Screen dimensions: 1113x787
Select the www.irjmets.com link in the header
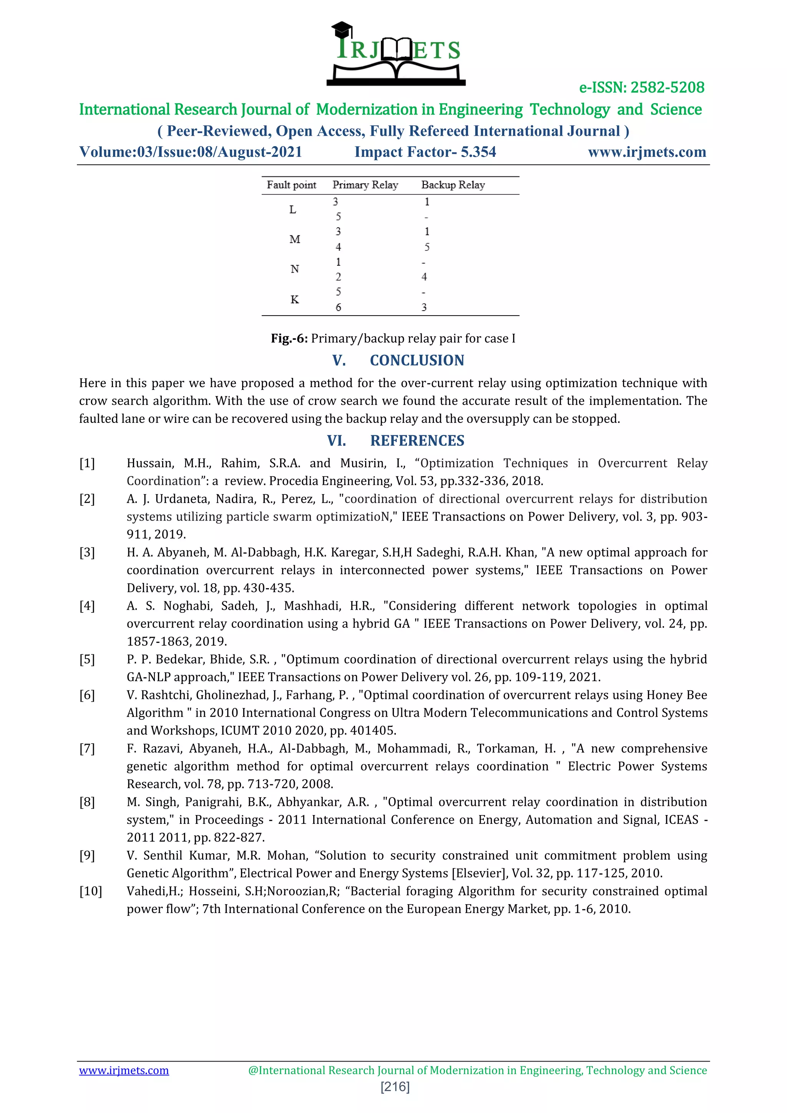coord(647,152)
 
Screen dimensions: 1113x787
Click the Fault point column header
coord(291,185)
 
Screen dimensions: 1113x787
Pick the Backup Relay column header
coord(453,185)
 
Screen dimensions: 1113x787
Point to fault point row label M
coord(295,240)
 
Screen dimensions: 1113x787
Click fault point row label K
coord(295,299)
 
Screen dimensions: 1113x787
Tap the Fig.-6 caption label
coord(289,338)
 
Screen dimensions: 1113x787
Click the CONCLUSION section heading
coord(417,361)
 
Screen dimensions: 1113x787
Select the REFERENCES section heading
coord(417,441)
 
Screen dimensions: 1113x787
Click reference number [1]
coord(87,463)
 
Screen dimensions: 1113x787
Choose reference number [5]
coord(87,659)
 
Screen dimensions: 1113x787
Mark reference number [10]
coord(91,891)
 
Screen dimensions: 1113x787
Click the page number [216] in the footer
coord(395,1087)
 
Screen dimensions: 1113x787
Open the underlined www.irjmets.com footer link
coord(124,1070)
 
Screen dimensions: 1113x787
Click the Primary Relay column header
coord(365,185)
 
